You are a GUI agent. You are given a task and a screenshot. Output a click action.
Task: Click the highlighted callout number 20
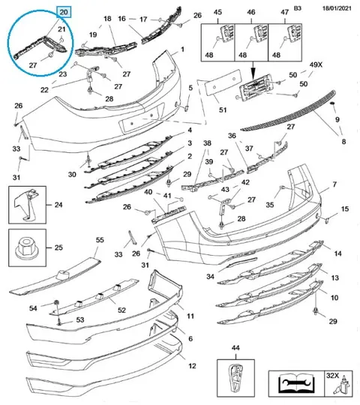pos(64,12)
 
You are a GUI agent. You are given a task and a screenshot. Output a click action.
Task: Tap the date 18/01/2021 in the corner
pos(337,8)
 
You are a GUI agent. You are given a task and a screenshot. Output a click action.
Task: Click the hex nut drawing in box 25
pos(25,247)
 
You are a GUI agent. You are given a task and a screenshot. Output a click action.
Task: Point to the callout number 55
pos(100,240)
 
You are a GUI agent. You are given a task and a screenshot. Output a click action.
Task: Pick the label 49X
pos(316,64)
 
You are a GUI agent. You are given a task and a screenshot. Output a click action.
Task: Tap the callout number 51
pos(223,109)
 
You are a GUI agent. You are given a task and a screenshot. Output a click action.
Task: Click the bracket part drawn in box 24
pos(26,205)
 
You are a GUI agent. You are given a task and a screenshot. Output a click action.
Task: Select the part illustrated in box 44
pos(235,379)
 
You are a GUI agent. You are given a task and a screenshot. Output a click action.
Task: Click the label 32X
pos(332,375)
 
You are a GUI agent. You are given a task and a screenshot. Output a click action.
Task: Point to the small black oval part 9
pos(332,103)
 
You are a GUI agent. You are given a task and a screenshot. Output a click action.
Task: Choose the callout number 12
pos(192,366)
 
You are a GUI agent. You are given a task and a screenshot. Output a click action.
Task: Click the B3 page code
pos(298,8)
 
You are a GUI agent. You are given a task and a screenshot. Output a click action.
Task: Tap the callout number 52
pos(121,310)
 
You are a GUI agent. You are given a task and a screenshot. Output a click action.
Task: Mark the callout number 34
pos(210,276)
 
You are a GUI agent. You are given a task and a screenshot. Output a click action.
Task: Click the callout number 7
pos(334,184)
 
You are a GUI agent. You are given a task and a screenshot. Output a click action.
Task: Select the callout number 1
pos(182,49)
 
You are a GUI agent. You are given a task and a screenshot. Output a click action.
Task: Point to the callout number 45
pos(217,12)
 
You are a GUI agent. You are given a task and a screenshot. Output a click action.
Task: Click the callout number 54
pos(33,308)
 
